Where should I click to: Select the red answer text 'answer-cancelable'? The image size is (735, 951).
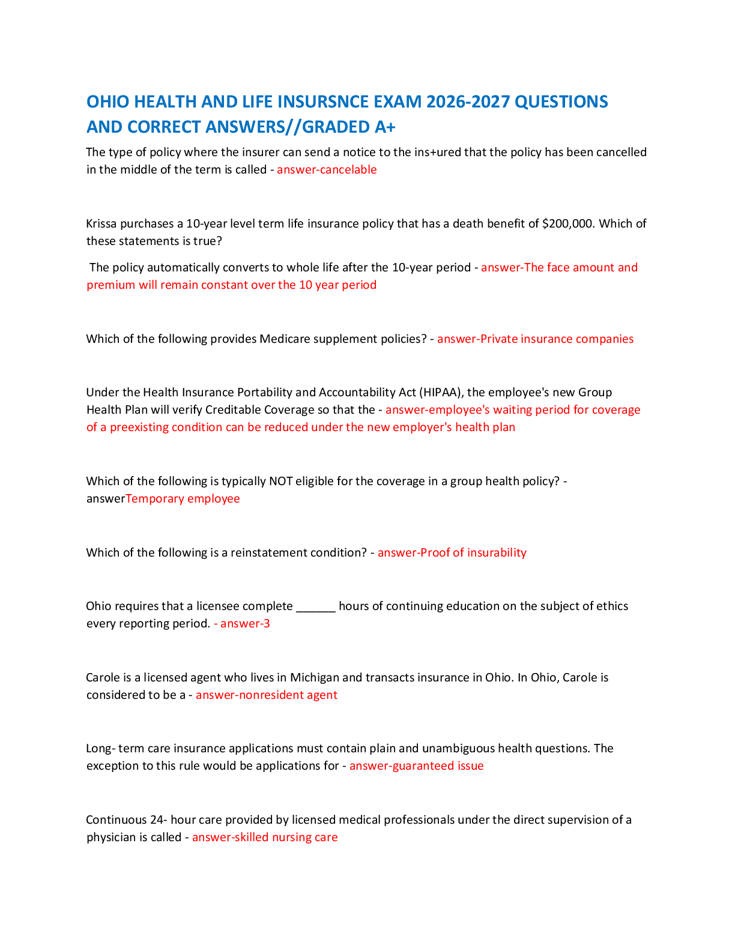(327, 170)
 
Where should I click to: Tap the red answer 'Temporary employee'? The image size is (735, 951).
(183, 499)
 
